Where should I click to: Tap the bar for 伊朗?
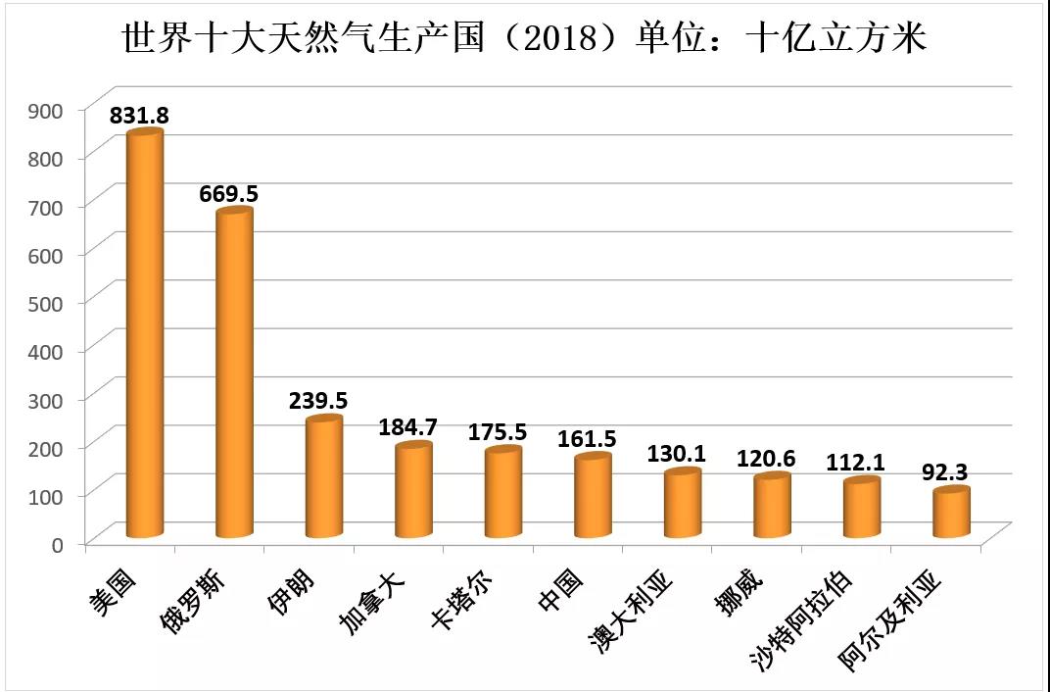click(323, 477)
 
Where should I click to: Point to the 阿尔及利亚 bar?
click(950, 513)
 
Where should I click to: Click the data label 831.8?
click(139, 116)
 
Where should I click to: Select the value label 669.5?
click(228, 194)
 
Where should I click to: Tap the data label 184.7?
click(407, 427)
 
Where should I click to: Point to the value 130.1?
click(676, 455)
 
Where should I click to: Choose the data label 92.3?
click(944, 472)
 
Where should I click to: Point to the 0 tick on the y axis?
click(59, 543)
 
